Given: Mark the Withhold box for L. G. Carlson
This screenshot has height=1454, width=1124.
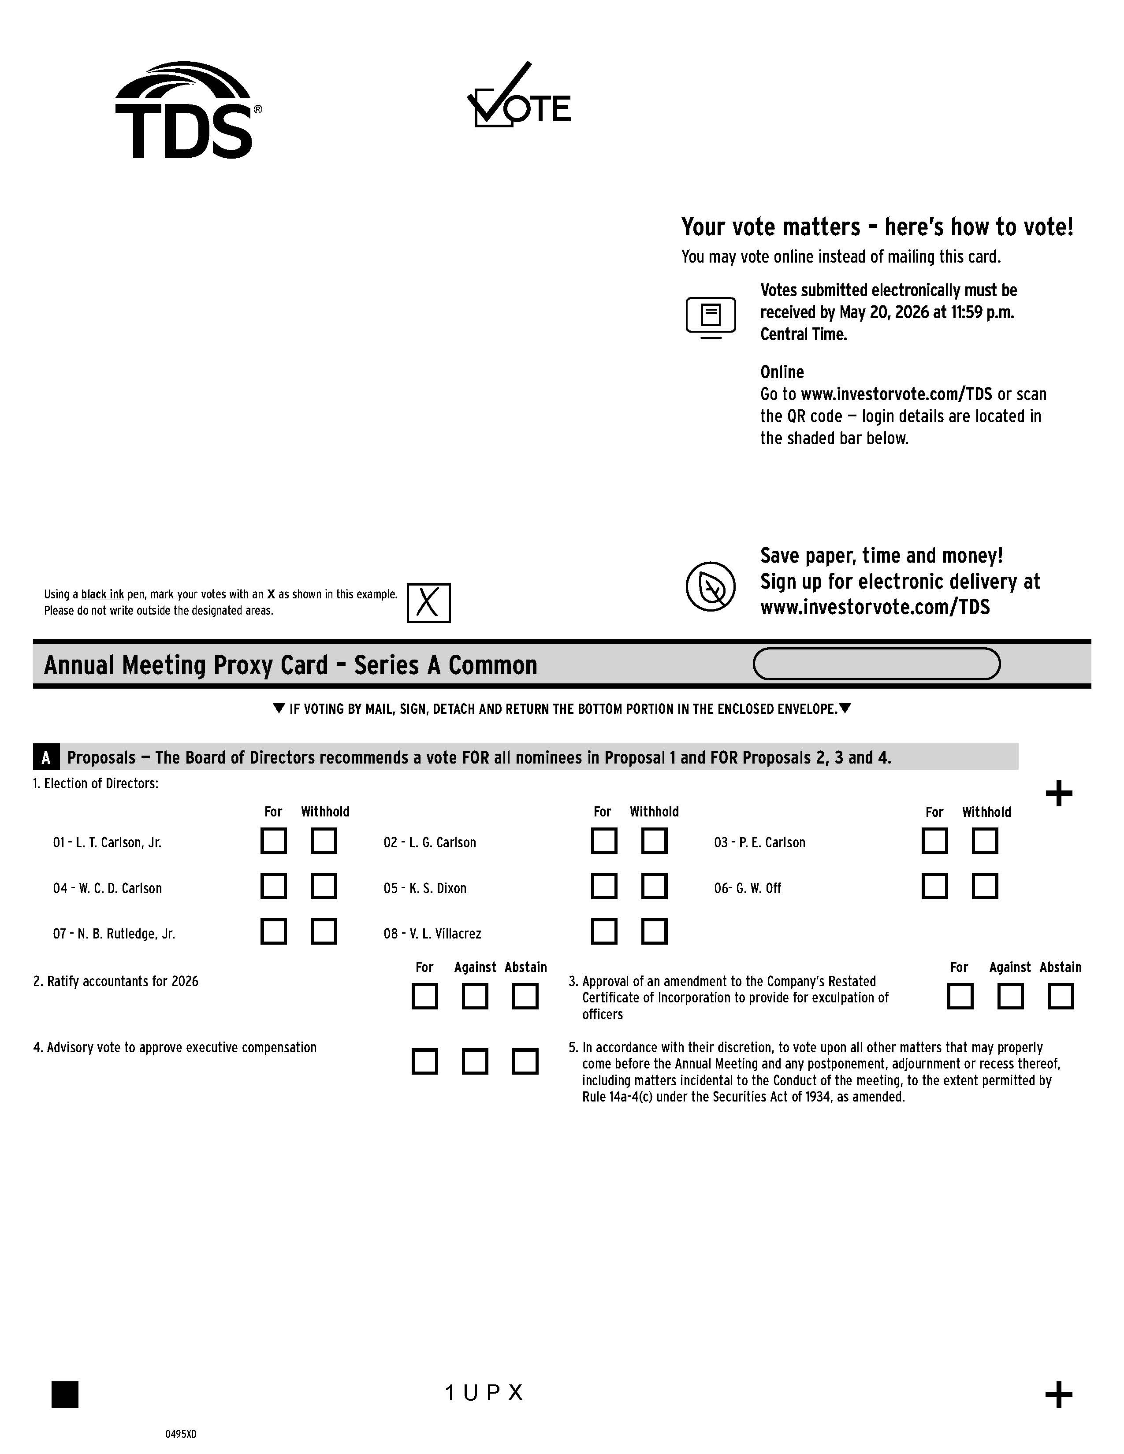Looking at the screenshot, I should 654,841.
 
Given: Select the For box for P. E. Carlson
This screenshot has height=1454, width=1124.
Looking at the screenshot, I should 934,841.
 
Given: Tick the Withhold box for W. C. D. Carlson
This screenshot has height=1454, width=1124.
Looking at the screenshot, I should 324,886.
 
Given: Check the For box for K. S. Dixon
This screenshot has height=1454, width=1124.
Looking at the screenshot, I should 604,886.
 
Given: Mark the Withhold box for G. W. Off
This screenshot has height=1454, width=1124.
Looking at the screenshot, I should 985,886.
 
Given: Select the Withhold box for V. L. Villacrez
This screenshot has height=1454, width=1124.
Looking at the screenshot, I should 654,931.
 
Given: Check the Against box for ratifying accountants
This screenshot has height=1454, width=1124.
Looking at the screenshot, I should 475,997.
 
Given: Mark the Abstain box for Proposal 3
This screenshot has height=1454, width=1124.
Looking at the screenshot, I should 1060,997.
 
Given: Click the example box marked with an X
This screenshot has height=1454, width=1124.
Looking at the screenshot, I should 428,602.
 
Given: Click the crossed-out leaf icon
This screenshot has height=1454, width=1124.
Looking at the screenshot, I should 711,586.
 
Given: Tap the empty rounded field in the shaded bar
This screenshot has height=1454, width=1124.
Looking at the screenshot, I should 876,664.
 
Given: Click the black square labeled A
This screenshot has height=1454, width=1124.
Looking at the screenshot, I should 46,757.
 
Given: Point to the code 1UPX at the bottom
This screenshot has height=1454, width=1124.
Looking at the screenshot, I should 484,1393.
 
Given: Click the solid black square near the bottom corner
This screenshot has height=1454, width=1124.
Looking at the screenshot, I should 65,1394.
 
